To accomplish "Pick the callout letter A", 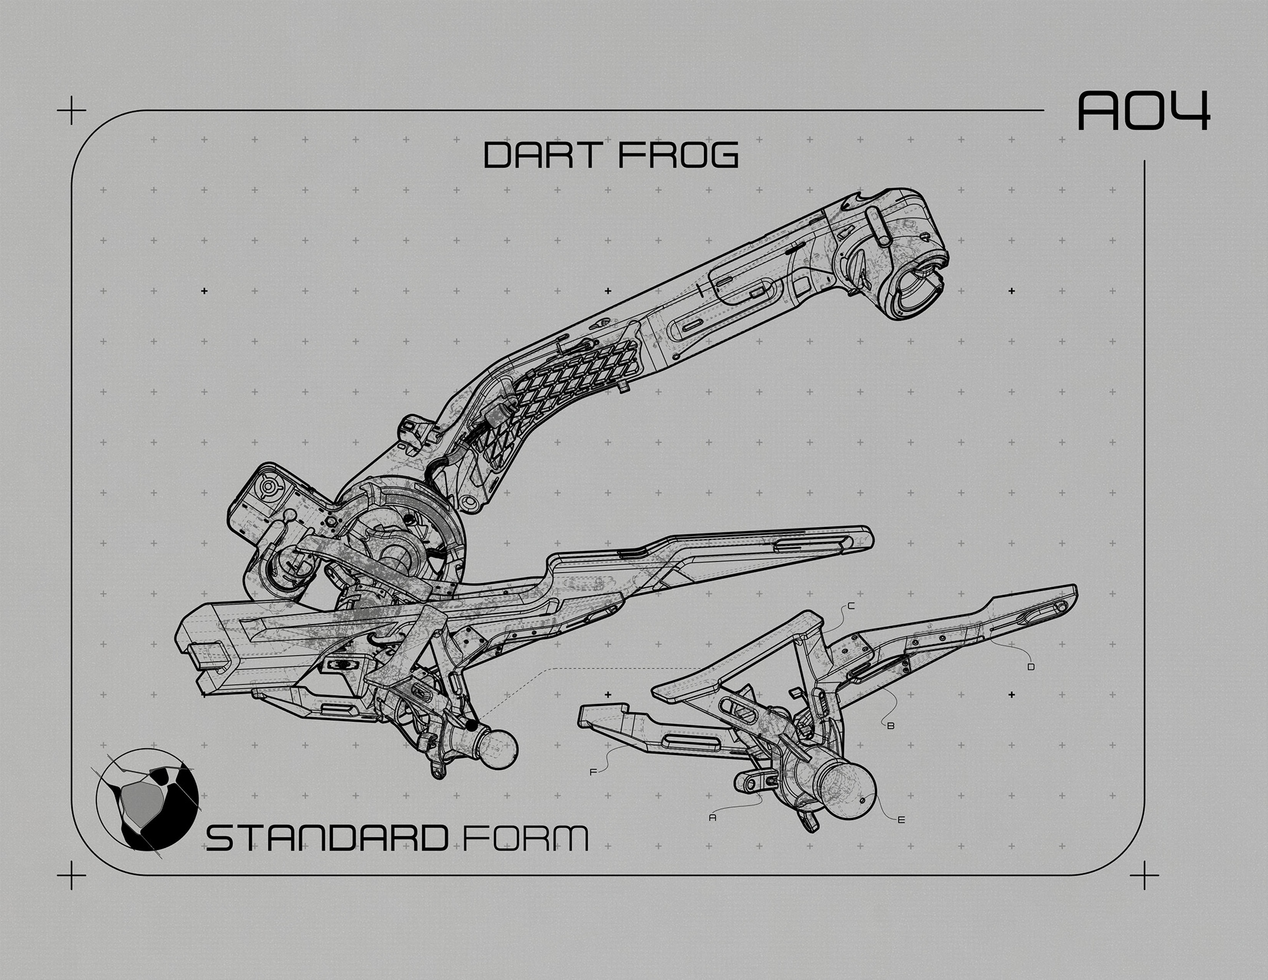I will tap(712, 818).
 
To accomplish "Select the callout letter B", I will tap(890, 726).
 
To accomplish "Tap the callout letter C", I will tap(851, 606).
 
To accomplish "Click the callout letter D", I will tap(1031, 667).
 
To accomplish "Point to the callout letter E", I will tap(901, 820).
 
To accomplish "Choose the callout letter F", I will tap(593, 771).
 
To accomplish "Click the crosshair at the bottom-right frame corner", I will tap(1144, 876).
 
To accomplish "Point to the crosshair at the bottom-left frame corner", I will tap(71, 876).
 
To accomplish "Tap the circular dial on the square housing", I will tap(270, 487).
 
